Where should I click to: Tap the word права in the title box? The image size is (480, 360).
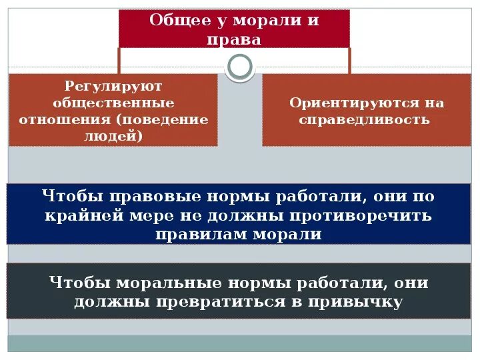click(234, 39)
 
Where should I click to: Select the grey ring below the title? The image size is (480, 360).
click(240, 66)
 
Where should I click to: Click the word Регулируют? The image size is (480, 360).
click(113, 87)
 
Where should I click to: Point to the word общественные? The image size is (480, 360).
click(113, 103)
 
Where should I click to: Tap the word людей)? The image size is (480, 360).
click(113, 136)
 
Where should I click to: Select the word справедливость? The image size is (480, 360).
click(365, 120)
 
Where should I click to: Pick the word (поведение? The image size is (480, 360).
click(162, 120)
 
